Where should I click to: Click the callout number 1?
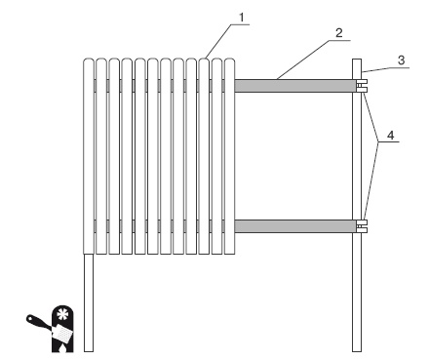[241, 18]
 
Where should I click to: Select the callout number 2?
[339, 33]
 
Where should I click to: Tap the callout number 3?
[402, 60]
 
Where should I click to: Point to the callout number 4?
[391, 135]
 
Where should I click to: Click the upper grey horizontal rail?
[294, 86]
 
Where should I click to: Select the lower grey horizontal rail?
[294, 226]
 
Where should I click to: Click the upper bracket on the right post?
[362, 86]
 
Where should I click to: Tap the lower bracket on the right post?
[362, 226]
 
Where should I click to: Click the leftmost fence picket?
[89, 156]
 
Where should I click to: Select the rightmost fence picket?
[229, 156]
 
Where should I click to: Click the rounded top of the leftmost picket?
[89, 60]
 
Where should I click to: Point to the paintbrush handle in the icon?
[37, 321]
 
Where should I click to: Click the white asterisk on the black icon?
[61, 314]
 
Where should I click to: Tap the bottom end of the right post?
[357, 351]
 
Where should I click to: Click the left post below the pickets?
[89, 302]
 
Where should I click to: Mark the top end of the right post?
[357, 60]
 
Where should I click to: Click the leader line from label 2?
[313, 60]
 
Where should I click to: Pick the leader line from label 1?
[227, 41]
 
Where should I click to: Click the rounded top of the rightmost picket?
[229, 60]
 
